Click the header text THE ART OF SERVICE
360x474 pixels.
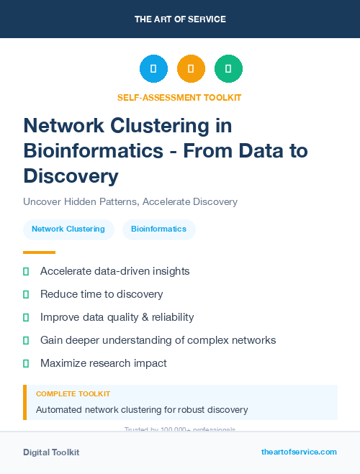tap(180, 19)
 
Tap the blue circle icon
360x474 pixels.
tap(153, 69)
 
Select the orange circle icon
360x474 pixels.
tap(191, 69)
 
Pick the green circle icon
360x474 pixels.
tap(228, 69)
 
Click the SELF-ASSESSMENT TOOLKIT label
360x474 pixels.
tap(179, 97)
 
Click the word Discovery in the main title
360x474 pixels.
tap(71, 176)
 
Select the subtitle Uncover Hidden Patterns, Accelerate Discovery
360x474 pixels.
tap(130, 201)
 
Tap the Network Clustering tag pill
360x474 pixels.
tap(68, 229)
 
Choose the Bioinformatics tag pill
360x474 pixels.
tap(158, 229)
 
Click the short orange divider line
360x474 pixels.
tap(39, 252)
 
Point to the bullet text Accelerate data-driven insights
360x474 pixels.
tap(114, 271)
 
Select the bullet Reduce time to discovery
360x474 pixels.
tap(102, 294)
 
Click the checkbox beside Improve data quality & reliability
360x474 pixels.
tap(26, 317)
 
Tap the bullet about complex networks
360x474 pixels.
tap(158, 340)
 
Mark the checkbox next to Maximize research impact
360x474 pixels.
tap(26, 363)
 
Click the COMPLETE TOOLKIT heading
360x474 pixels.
tap(73, 394)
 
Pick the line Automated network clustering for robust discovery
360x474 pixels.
tap(142, 410)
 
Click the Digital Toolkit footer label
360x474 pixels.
tap(51, 452)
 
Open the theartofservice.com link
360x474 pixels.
tap(299, 452)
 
